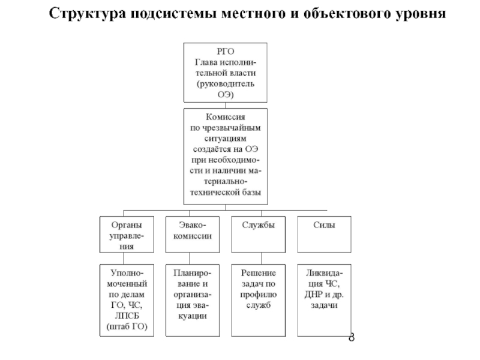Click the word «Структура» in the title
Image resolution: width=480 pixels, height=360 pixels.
[x=88, y=14]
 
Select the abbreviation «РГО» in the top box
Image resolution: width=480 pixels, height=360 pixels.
[x=226, y=52]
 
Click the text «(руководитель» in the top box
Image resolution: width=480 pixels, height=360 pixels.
[x=226, y=84]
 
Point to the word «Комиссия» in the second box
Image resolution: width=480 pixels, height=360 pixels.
[x=226, y=117]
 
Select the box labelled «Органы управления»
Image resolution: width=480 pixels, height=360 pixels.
[x=127, y=234]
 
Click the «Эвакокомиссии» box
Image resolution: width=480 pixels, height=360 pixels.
[x=193, y=234]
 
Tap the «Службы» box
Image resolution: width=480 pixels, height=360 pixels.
[x=259, y=234]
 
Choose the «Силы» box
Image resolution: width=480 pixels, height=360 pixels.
[x=324, y=234]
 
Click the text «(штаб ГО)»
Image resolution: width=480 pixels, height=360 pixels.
[x=127, y=326]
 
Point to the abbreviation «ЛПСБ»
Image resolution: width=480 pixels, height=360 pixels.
[x=127, y=316]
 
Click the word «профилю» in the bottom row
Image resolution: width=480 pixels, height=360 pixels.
[x=259, y=295]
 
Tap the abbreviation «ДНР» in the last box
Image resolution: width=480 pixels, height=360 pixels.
[x=314, y=295]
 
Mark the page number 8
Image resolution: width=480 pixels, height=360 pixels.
[x=352, y=337]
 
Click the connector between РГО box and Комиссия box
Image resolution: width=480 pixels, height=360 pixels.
[x=226, y=106]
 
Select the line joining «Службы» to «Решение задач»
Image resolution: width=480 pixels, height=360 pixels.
[x=262, y=259]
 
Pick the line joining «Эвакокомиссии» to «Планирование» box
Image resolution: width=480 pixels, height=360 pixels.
[x=190, y=259]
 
